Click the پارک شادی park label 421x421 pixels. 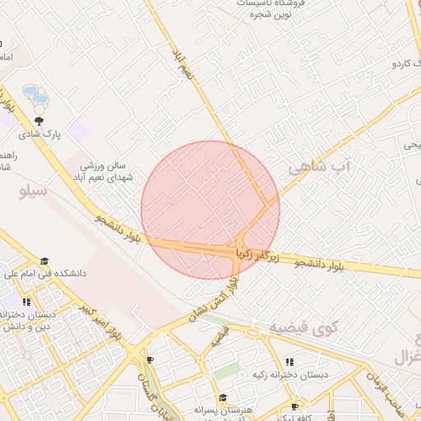pyautogui.click(x=41, y=132)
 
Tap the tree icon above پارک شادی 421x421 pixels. pyautogui.click(x=40, y=120)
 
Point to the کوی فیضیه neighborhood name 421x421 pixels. pyautogui.click(x=303, y=328)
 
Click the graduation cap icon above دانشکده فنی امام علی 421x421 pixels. pyautogui.click(x=44, y=261)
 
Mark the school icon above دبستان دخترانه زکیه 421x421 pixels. pyautogui.click(x=289, y=362)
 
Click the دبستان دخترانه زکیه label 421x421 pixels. pyautogui.click(x=290, y=375)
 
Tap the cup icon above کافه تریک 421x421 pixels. pyautogui.click(x=295, y=406)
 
